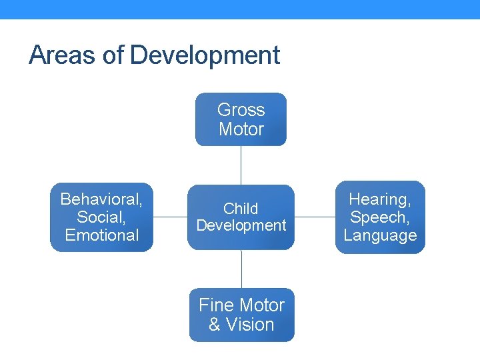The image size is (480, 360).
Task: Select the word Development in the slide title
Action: tap(205, 55)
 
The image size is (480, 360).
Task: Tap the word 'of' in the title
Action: tap(113, 55)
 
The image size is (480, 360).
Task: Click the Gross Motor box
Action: tap(241, 119)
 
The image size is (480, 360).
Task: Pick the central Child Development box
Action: tap(241, 217)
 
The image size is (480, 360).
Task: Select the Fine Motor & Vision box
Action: tap(241, 315)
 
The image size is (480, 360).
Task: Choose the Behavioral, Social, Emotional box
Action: tap(101, 217)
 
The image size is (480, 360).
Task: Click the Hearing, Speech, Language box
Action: tap(380, 217)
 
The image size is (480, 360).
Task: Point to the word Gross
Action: tap(241, 110)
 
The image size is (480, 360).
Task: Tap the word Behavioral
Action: tap(101, 199)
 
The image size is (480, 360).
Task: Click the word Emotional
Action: tap(101, 235)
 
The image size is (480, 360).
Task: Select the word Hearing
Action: tap(380, 199)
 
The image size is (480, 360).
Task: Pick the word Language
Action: tap(380, 235)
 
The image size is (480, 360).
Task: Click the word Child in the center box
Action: tap(241, 209)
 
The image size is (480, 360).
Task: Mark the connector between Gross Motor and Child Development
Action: tap(241, 165)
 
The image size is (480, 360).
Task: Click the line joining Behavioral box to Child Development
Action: tap(170, 217)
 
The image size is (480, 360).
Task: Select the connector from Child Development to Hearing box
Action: tap(315, 217)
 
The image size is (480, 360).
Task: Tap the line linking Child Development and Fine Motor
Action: tap(241, 269)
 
